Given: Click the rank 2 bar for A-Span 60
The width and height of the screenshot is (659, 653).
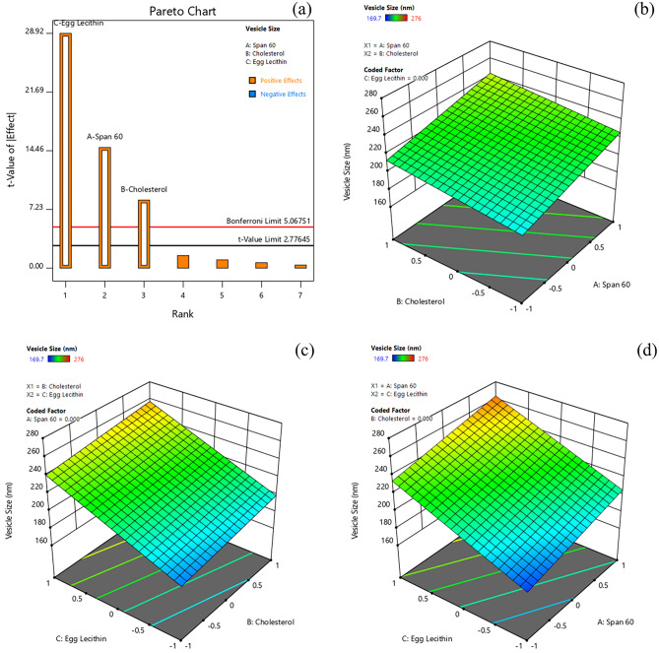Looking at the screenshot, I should click(104, 207).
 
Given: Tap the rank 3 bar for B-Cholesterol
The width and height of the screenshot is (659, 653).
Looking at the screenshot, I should click(144, 233).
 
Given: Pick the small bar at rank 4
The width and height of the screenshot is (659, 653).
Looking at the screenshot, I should click(182, 262).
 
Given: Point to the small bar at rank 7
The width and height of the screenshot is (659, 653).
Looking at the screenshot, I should click(299, 266).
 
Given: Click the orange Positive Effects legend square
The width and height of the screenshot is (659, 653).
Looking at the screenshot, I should click(252, 80).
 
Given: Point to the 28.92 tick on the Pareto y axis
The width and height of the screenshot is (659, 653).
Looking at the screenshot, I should click(31, 33).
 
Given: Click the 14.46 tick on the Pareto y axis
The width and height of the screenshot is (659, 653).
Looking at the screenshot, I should click(31, 150).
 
